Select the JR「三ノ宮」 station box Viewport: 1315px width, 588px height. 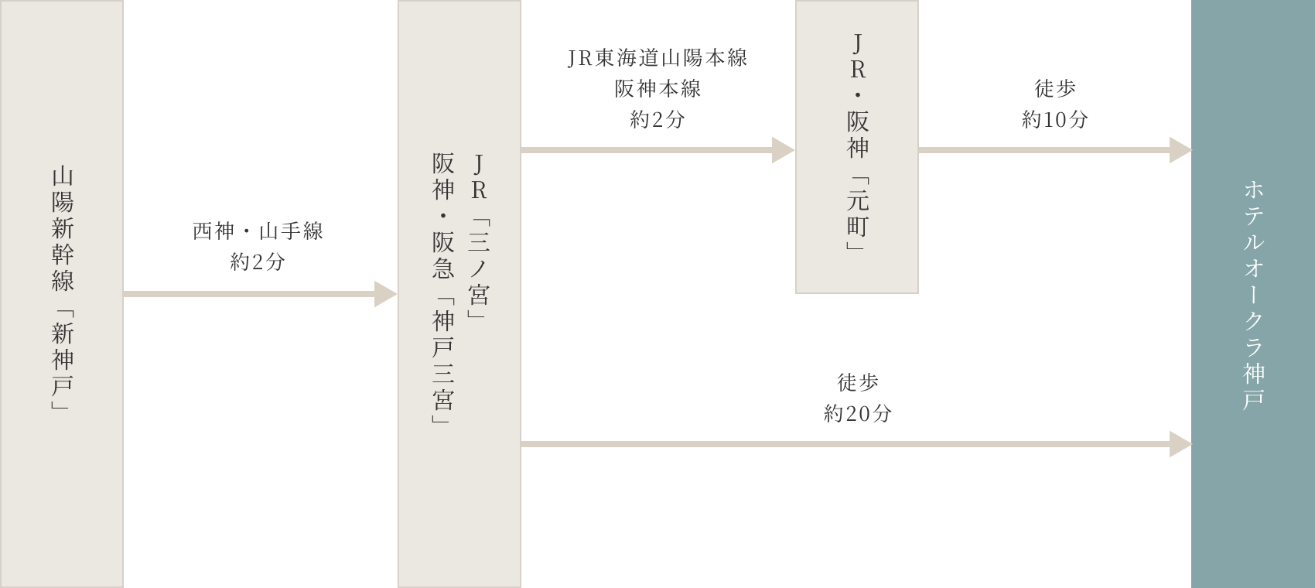point(480,232)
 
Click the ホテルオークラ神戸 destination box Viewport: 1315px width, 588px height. point(1253,294)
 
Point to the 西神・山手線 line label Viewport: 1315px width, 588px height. point(258,231)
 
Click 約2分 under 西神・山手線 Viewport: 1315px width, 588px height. point(258,262)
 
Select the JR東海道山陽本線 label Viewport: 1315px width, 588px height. point(657,59)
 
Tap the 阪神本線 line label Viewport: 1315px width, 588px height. point(657,89)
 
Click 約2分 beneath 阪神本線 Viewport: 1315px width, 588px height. point(657,120)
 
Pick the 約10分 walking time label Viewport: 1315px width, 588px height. point(1054,119)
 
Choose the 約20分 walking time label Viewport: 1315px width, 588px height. point(857,413)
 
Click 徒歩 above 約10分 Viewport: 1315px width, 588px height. point(1054,89)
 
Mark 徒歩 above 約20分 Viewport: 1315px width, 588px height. point(857,382)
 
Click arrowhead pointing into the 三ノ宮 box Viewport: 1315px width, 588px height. point(386,294)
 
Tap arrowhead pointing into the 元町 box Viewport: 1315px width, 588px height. point(784,150)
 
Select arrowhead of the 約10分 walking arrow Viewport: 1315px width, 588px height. point(1180,150)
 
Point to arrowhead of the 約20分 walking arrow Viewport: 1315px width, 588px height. point(1180,444)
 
